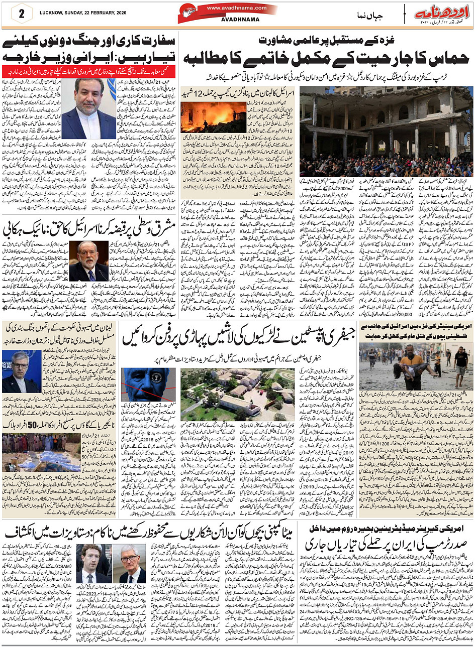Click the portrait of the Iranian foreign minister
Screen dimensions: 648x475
point(89,108)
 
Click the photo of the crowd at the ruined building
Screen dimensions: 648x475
point(386,132)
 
